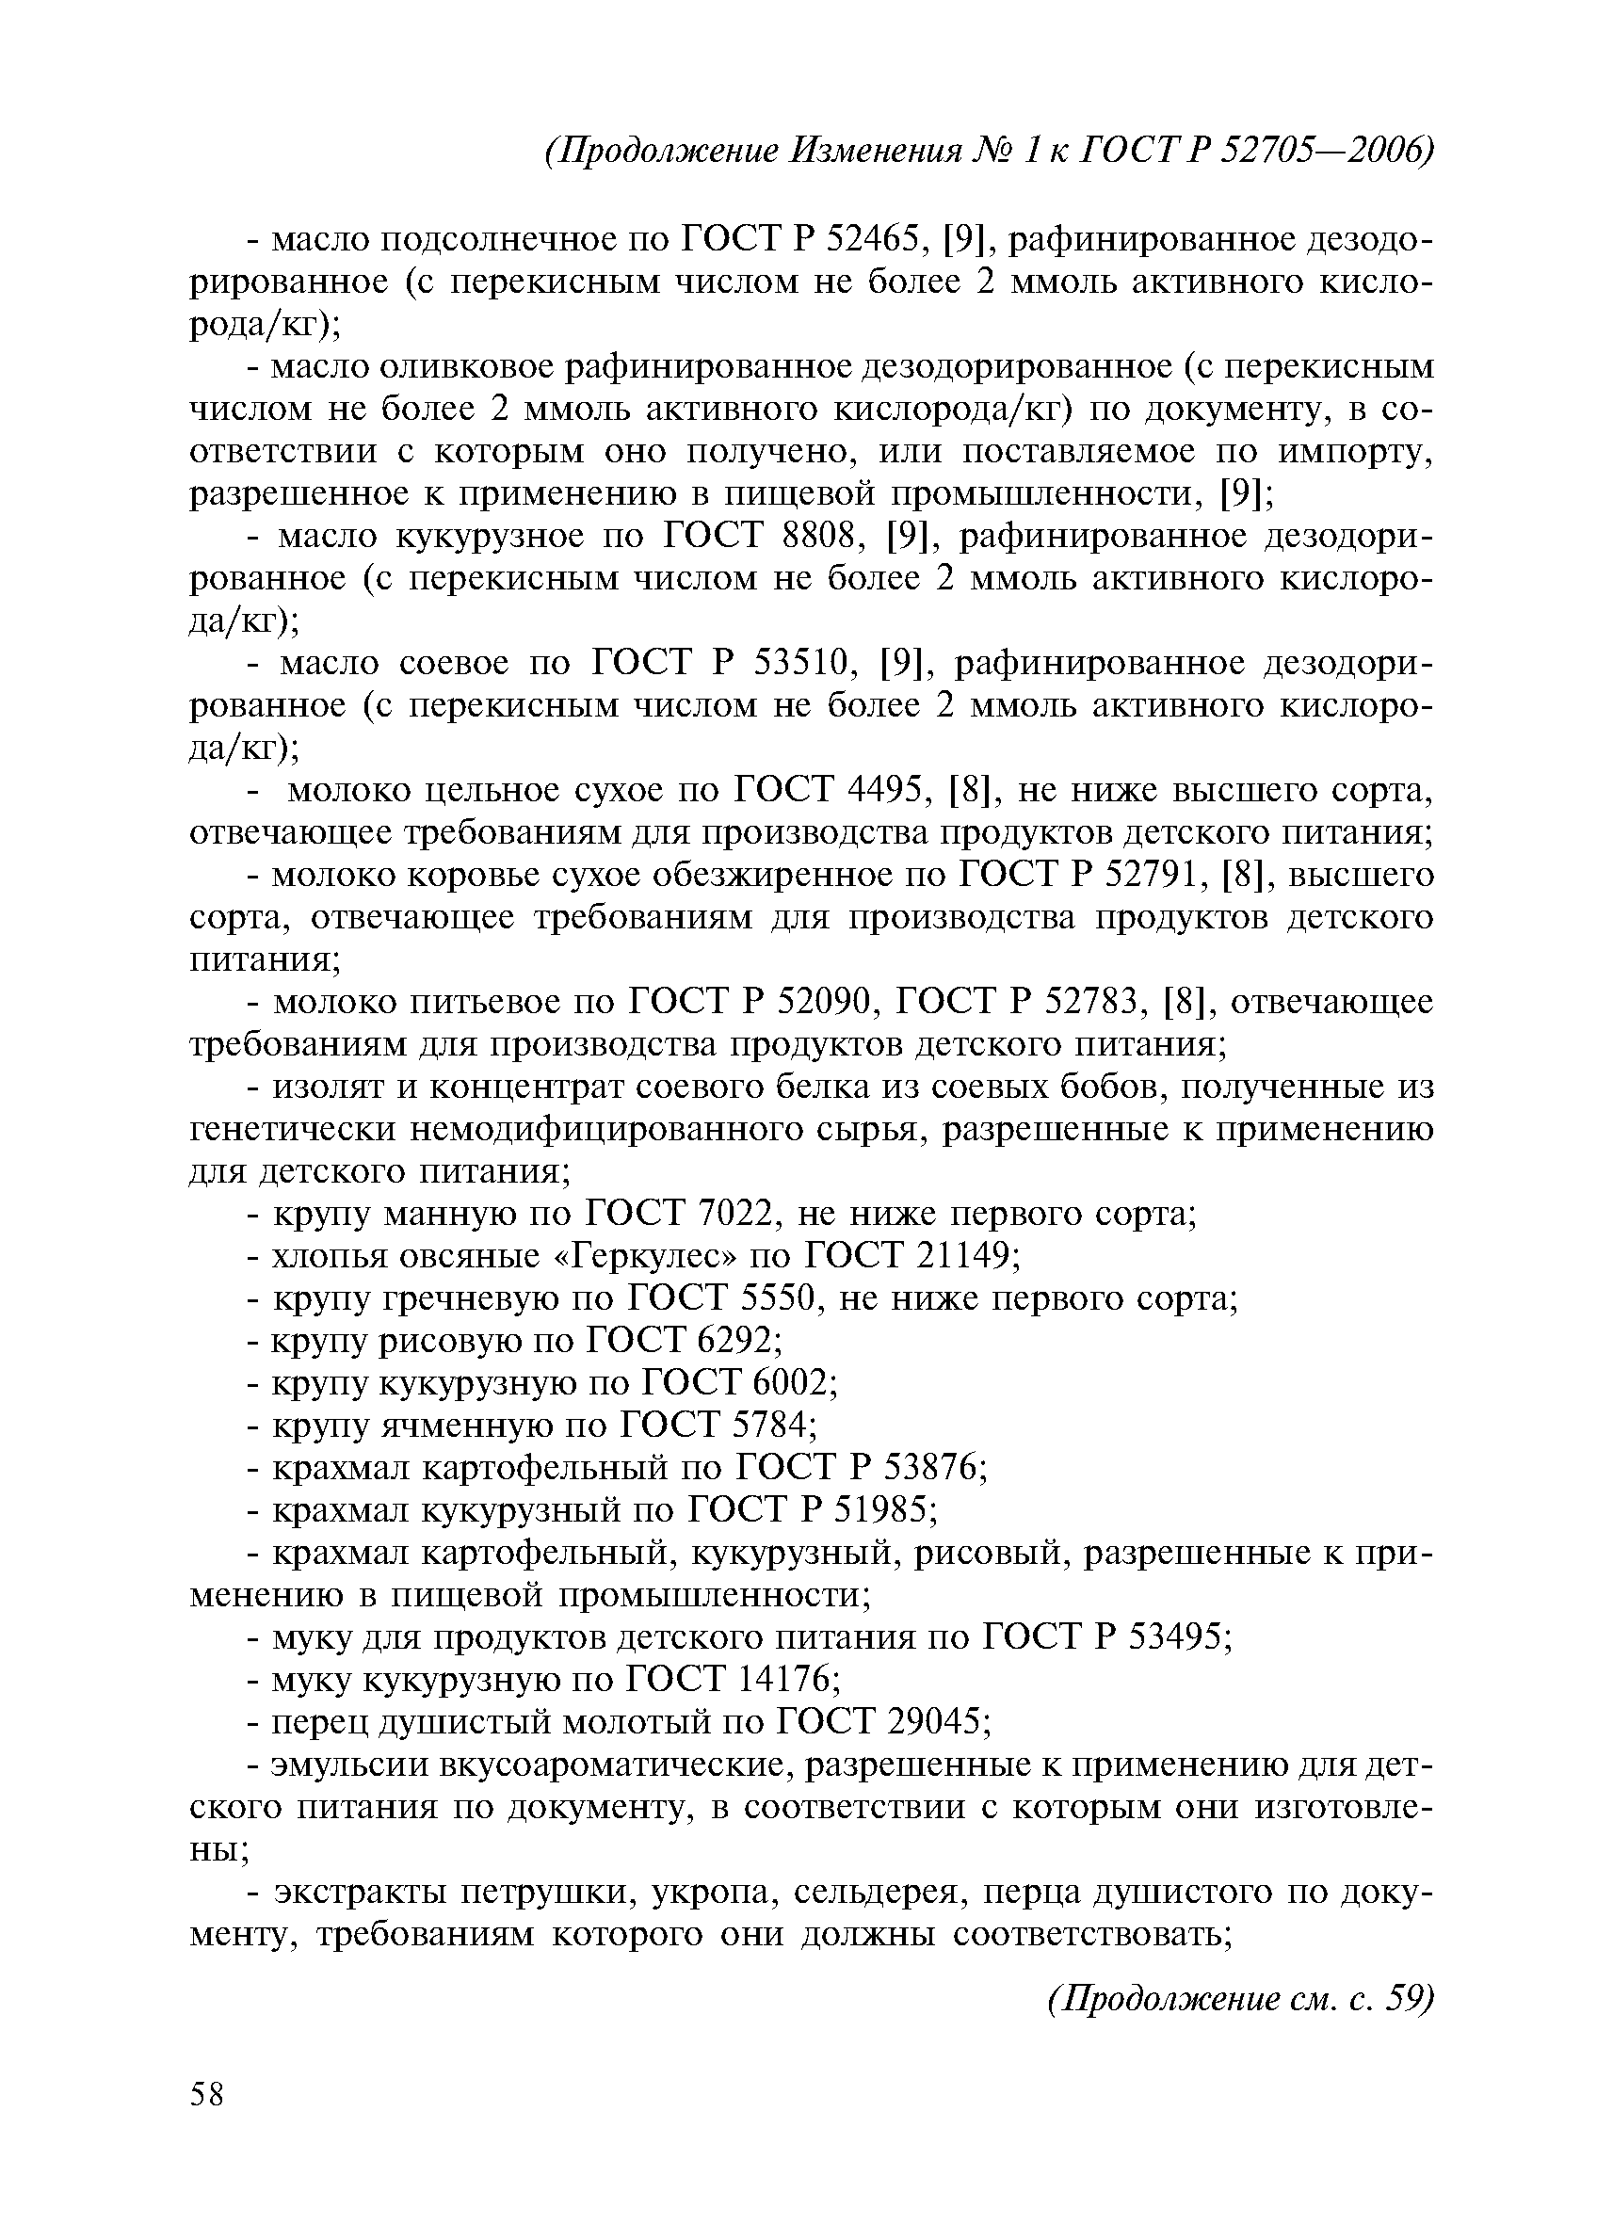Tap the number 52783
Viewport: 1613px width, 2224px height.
(1094, 1002)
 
